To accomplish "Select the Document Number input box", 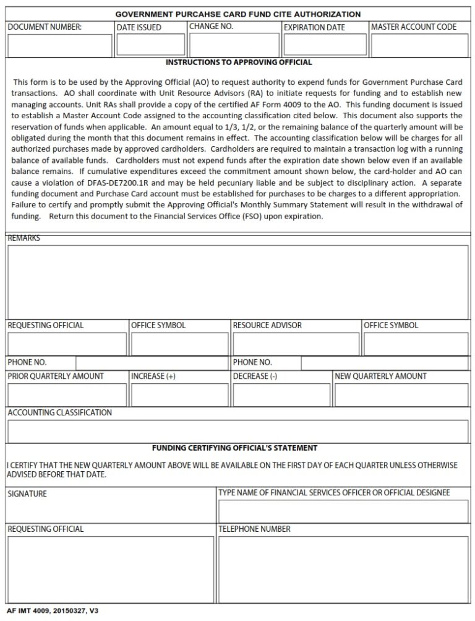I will click(60, 45).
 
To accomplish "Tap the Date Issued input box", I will click(151, 45).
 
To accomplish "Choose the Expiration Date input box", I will click(325, 45).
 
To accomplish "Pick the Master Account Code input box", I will click(419, 45).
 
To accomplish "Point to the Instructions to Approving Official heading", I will click(239, 63).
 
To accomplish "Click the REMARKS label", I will click(24, 238).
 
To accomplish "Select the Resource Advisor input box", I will click(295, 344).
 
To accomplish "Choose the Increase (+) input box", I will click(180, 395).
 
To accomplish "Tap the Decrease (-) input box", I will click(281, 395).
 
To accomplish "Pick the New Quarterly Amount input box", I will click(401, 395).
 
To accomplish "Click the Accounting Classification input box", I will click(237, 432).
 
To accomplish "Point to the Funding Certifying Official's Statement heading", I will click(234, 448).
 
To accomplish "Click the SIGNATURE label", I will click(27, 494).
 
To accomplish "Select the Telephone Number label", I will click(254, 529).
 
